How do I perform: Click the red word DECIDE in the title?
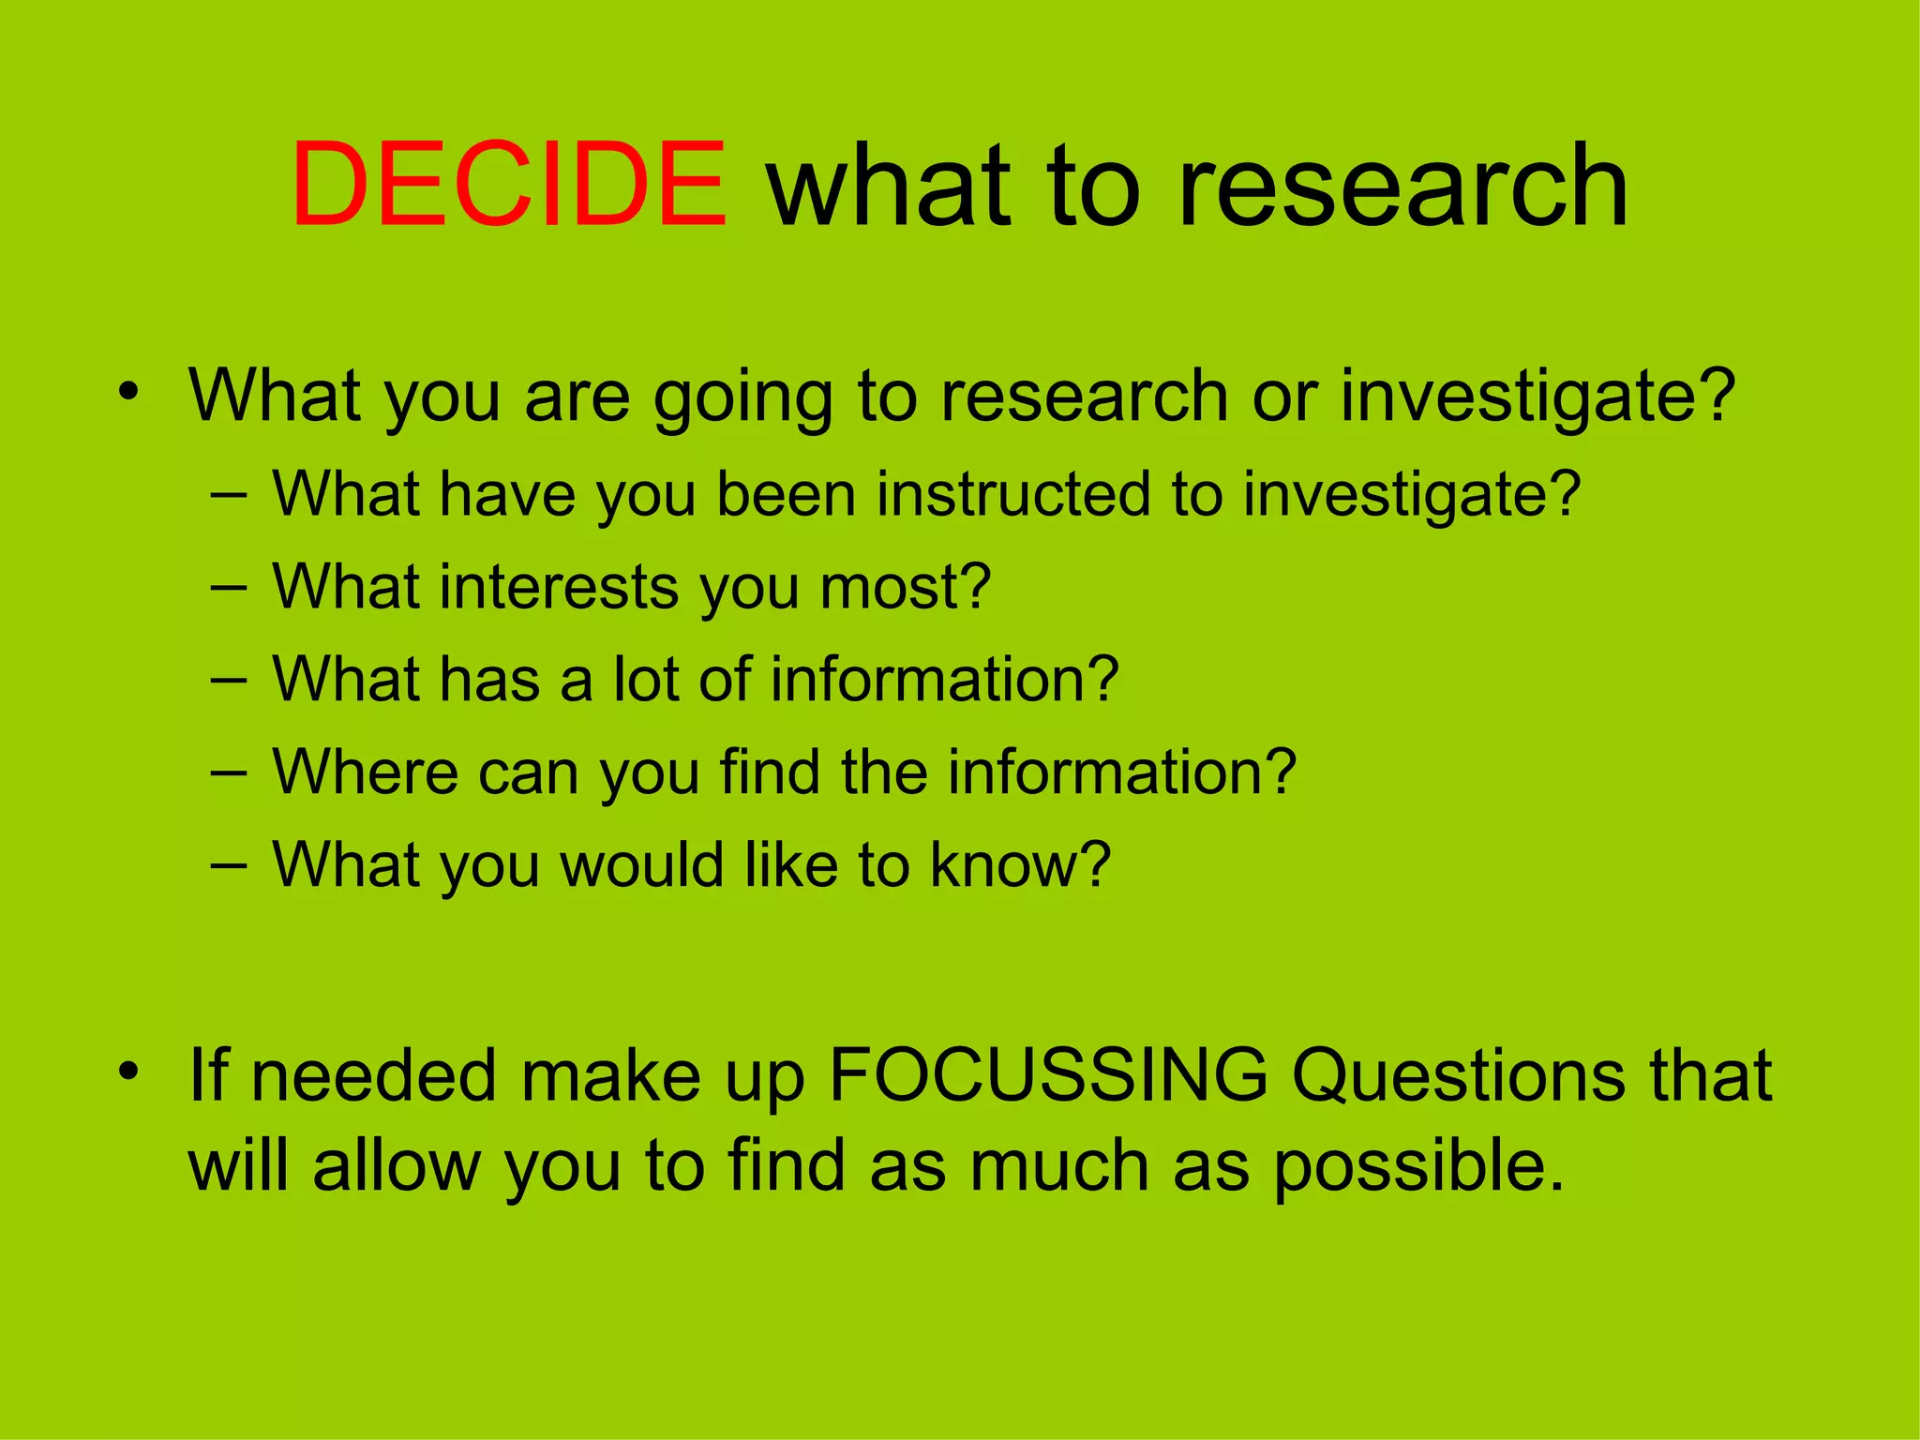tap(509, 184)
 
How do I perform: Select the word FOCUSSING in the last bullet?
tap(1048, 1074)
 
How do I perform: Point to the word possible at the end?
tap(1417, 1167)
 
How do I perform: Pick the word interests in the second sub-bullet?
tap(560, 587)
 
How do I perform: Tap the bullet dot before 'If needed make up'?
tap(128, 1070)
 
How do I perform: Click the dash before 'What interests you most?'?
tap(229, 589)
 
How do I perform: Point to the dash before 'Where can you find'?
tap(229, 773)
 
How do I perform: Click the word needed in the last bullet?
tap(373, 1074)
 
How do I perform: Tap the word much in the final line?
tap(1058, 1167)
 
